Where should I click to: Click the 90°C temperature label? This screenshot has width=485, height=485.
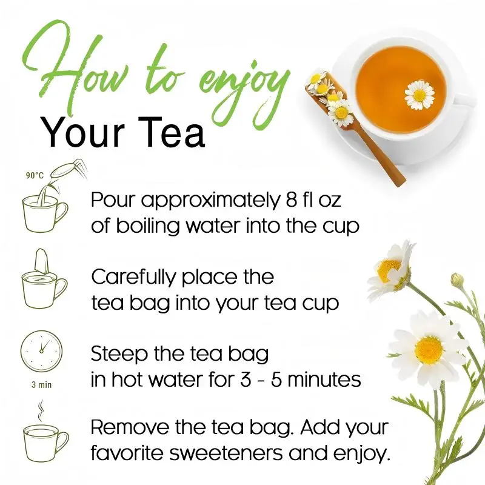pyautogui.click(x=35, y=176)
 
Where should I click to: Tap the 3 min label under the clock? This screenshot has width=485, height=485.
pyautogui.click(x=41, y=385)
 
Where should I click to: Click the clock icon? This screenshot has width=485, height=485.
pyautogui.click(x=41, y=352)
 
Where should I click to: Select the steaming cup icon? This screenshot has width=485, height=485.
pyautogui.click(x=46, y=435)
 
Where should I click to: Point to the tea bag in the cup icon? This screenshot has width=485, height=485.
pyautogui.click(x=42, y=262)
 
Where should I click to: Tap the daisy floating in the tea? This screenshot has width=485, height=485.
pyautogui.click(x=419, y=95)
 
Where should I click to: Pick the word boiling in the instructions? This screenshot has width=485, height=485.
pyautogui.click(x=148, y=227)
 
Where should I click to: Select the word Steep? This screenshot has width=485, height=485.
pyautogui.click(x=119, y=355)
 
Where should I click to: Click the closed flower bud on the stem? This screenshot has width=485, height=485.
pyautogui.click(x=458, y=280)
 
